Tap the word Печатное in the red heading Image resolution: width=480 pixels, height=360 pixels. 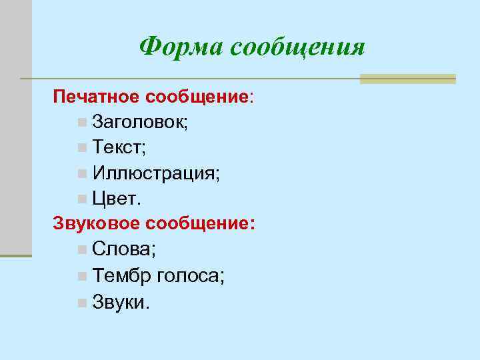click(97, 97)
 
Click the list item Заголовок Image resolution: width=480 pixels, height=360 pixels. click(140, 123)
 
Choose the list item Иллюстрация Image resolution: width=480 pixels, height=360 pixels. click(157, 173)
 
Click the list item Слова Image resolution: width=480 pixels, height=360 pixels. click(124, 250)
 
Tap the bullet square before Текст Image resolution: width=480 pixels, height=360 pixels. click(81, 148)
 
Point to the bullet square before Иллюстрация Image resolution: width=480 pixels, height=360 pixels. click(81, 173)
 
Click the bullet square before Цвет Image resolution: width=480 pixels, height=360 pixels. click(81, 199)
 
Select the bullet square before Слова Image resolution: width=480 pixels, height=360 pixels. click(81, 251)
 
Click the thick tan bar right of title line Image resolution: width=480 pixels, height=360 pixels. click(407, 79)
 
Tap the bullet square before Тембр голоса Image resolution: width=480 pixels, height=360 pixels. click(81, 276)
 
